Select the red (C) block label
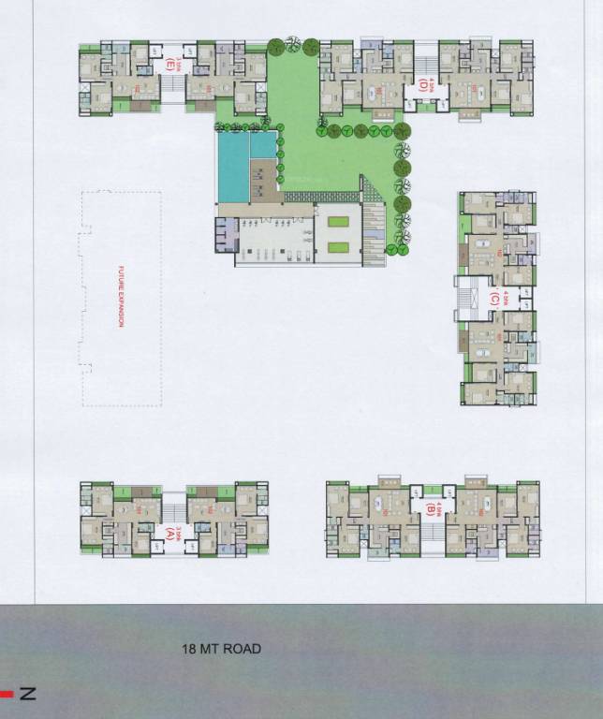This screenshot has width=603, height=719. [x=493, y=300]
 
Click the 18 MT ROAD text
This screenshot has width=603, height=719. [x=221, y=648]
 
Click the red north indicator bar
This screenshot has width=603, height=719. [x=7, y=694]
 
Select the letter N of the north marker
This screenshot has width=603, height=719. [x=28, y=694]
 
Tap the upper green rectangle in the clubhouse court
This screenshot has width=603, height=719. [x=338, y=222]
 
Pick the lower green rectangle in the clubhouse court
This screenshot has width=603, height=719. [x=338, y=247]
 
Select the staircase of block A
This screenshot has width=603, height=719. [x=174, y=510]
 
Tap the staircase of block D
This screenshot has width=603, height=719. [x=426, y=61]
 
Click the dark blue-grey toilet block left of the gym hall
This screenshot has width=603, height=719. [x=226, y=234]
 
